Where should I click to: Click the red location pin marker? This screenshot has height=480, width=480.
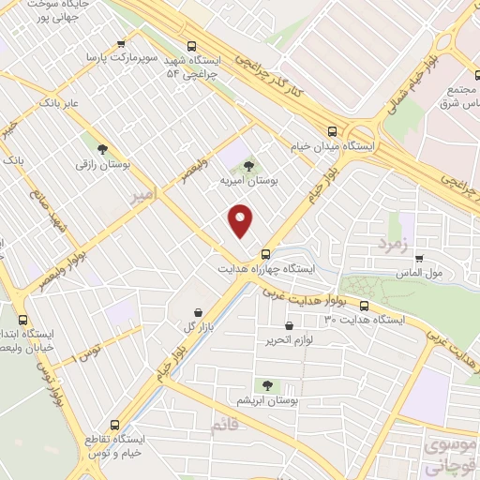tap(241, 219)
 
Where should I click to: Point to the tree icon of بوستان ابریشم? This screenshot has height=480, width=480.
tap(267, 384)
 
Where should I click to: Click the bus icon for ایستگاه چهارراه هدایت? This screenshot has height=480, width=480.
tap(266, 253)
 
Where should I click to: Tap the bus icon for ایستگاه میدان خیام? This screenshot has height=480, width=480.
tap(332, 132)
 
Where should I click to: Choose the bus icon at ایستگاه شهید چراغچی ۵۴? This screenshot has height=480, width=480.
tap(192, 46)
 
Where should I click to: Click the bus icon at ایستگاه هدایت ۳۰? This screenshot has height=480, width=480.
tap(364, 306)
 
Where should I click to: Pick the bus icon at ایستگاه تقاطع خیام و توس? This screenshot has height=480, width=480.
tap(115, 424)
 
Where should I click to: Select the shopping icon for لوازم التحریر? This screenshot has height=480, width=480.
tap(275, 324)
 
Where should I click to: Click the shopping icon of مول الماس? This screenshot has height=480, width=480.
tap(418, 259)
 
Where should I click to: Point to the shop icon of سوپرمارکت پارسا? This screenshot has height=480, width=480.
tap(121, 44)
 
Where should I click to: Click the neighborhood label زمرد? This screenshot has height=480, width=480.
tap(393, 242)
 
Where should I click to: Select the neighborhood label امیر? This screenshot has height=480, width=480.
tap(142, 195)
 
